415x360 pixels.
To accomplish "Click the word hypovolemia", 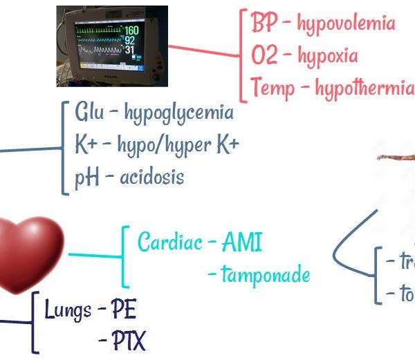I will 346,23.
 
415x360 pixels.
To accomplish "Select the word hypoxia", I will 326,56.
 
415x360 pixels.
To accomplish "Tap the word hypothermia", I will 364,88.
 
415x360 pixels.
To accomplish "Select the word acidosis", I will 151,178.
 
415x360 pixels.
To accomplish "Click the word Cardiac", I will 169,243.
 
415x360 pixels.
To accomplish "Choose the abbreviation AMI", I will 242,243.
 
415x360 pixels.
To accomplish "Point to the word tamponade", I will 266,275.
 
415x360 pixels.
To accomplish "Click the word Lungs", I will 68,310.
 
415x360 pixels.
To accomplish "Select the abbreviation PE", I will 124,310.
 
